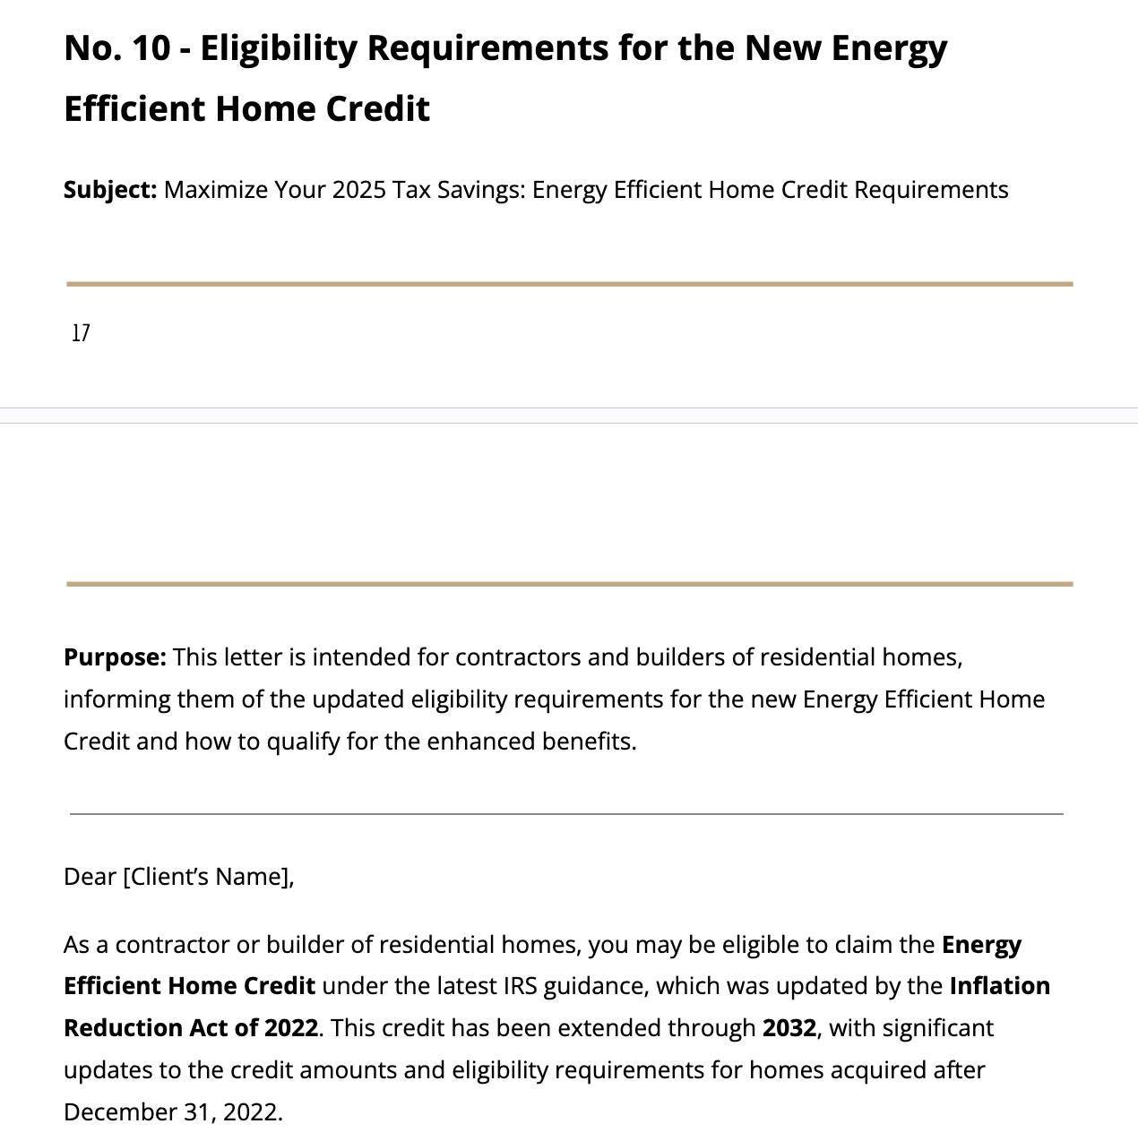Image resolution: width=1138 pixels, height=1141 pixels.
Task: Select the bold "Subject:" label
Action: [110, 190]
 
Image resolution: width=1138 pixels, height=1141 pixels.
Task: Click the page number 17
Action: [81, 333]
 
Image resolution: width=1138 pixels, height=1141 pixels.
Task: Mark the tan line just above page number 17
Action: [569, 284]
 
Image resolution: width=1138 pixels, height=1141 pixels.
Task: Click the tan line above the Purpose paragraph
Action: [569, 584]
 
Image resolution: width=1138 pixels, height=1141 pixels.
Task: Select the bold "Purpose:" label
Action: [115, 657]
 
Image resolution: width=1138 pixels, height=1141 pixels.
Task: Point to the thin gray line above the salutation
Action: [566, 814]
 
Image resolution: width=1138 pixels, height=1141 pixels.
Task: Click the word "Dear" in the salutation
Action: [90, 877]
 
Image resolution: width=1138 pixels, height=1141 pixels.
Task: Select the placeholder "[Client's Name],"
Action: [208, 877]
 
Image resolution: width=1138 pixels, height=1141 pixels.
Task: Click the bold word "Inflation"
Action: [999, 986]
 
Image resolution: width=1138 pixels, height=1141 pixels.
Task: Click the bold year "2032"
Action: [789, 1028]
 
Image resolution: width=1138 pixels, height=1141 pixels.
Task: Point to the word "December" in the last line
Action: [120, 1112]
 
